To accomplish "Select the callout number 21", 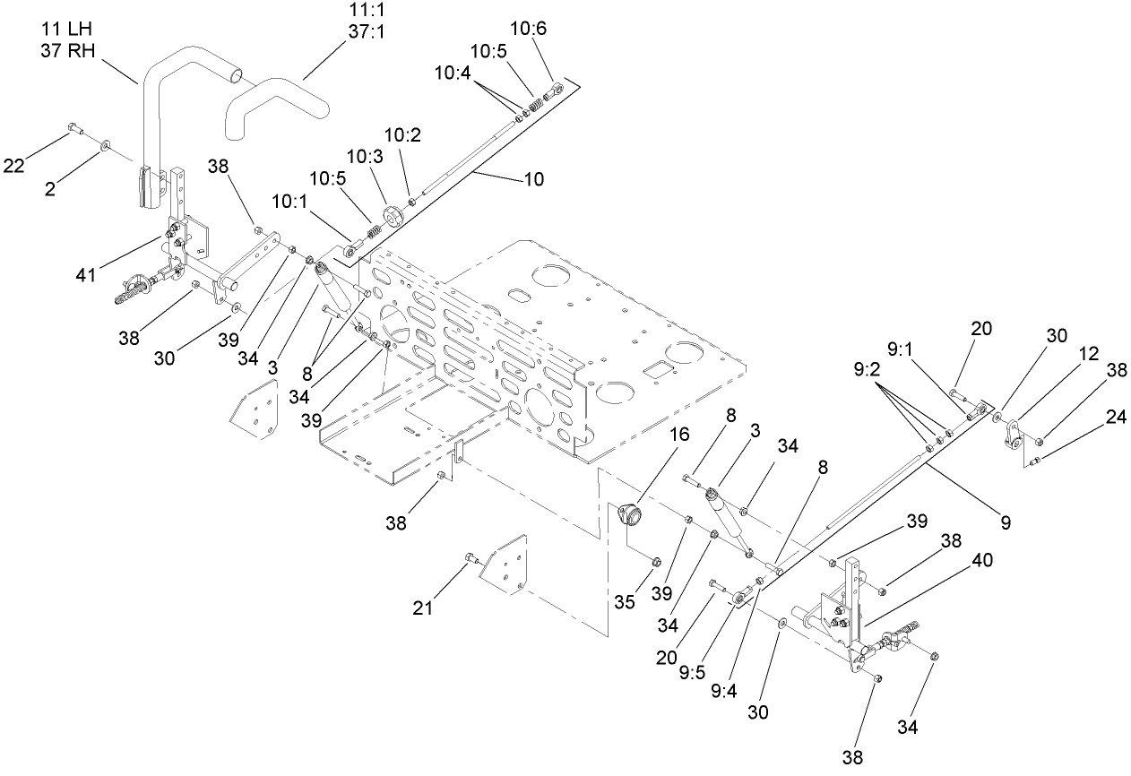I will coord(422,608).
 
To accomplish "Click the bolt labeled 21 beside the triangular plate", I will coord(471,560).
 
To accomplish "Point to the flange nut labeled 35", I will coord(654,562).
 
